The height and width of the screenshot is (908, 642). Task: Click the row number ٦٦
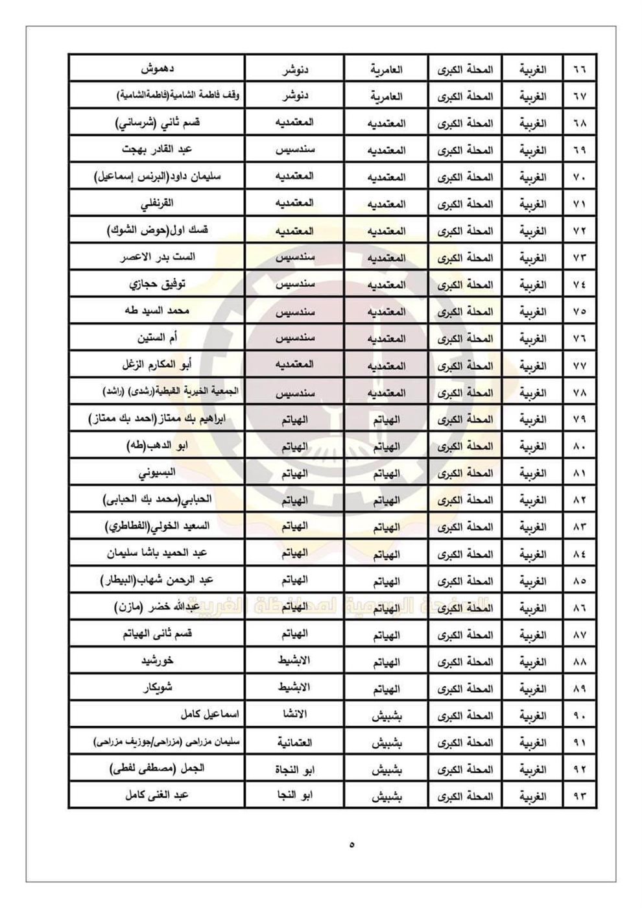[x=579, y=69]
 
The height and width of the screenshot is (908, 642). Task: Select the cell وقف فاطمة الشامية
[x=178, y=96]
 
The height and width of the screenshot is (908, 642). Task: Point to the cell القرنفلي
[x=158, y=204]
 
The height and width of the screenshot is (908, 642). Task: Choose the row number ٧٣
[x=579, y=258]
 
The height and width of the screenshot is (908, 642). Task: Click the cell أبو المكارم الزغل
[x=158, y=364]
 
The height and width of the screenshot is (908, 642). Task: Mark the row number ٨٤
[x=579, y=555]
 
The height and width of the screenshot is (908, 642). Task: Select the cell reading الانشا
[x=296, y=715]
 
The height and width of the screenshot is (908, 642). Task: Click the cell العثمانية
[x=296, y=743]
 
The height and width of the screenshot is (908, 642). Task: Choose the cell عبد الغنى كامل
[x=158, y=796]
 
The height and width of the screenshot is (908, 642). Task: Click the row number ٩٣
[x=579, y=796]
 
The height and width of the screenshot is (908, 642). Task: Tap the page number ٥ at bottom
[x=352, y=845]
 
